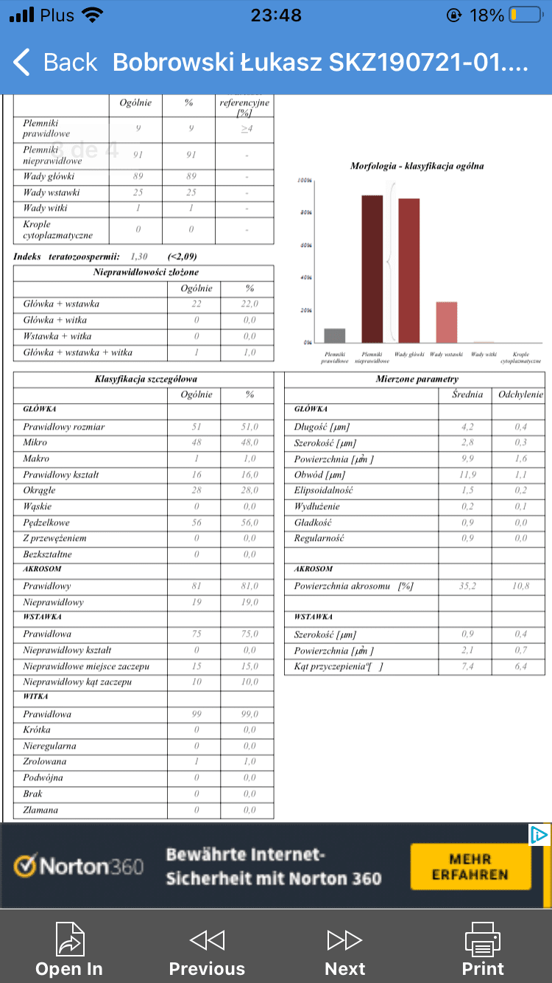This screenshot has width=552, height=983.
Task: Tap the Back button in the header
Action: point(55,63)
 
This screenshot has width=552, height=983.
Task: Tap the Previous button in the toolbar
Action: point(207,951)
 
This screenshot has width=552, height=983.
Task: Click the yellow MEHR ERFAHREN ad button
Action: point(470,867)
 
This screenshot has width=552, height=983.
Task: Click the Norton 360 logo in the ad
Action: point(79,866)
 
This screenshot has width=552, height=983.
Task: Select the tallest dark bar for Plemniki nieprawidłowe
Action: point(372,268)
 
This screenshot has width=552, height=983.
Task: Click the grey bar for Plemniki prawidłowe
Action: point(335,335)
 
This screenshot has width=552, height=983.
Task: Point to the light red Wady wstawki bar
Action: point(446,322)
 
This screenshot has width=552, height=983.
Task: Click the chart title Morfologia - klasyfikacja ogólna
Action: point(417,166)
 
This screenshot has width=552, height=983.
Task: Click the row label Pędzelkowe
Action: point(46,522)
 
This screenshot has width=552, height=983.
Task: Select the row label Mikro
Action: point(35,442)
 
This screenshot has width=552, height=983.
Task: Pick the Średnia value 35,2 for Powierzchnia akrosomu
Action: point(467,587)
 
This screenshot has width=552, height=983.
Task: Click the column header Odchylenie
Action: point(520,394)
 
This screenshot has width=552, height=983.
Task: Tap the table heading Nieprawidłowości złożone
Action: point(146,272)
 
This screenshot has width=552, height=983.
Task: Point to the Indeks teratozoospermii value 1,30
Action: point(138,256)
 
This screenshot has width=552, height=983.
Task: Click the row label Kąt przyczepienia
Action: point(334,666)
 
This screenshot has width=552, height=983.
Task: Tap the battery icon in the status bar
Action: point(524,15)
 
